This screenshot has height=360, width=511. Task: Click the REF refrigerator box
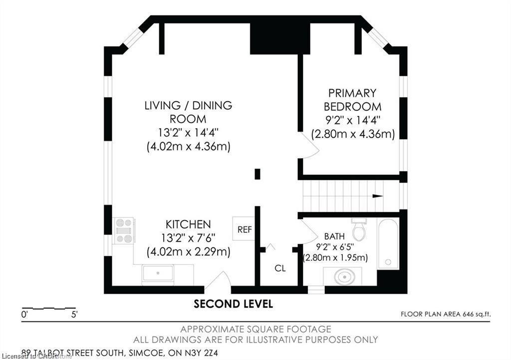tap(244, 229)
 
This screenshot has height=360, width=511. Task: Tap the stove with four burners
tap(124, 231)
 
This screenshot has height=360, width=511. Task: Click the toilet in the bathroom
tap(359, 230)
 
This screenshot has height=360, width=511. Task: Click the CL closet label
tap(280, 268)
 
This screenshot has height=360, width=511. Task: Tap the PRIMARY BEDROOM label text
tap(352, 100)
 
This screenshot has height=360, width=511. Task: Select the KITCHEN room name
tap(188, 224)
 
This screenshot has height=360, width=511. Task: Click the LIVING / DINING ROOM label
tap(188, 112)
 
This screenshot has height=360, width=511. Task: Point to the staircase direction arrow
tap(377, 196)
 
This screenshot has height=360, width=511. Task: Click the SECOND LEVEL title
tap(233, 304)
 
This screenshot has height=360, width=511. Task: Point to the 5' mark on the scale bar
tap(74, 315)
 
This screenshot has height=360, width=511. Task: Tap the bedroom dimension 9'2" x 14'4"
tap(352, 120)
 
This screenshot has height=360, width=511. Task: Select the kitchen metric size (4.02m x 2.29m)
tap(188, 252)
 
